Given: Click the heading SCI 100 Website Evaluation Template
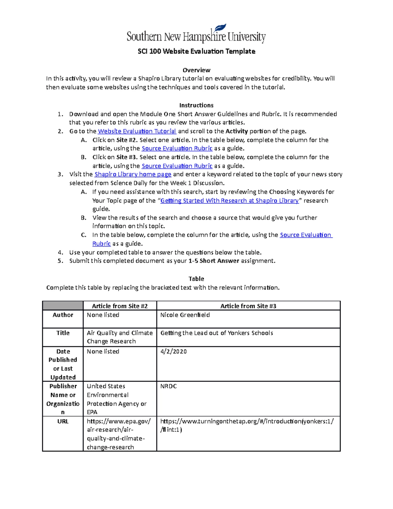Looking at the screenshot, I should (x=196, y=51).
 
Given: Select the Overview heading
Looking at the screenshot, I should (x=196, y=70).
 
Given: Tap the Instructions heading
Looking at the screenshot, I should (x=196, y=105).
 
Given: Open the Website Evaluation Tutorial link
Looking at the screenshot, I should (x=137, y=131).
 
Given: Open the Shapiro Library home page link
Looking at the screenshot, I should (x=133, y=174).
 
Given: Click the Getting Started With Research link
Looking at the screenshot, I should (x=229, y=201).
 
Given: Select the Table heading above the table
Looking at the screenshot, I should (x=196, y=279).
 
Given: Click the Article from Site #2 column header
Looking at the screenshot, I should (x=120, y=306).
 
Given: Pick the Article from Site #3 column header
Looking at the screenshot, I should (x=248, y=306).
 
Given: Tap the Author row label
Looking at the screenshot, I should (x=63, y=315).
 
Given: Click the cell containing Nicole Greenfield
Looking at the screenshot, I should (x=185, y=315).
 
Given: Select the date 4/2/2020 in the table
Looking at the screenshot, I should (x=174, y=352).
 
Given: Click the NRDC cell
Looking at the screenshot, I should (x=169, y=386).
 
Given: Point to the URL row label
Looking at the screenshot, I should (x=63, y=421).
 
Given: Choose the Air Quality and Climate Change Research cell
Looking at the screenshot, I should (x=120, y=337).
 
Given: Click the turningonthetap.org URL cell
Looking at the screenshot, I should (x=247, y=425).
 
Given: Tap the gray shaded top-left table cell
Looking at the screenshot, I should (x=63, y=306).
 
